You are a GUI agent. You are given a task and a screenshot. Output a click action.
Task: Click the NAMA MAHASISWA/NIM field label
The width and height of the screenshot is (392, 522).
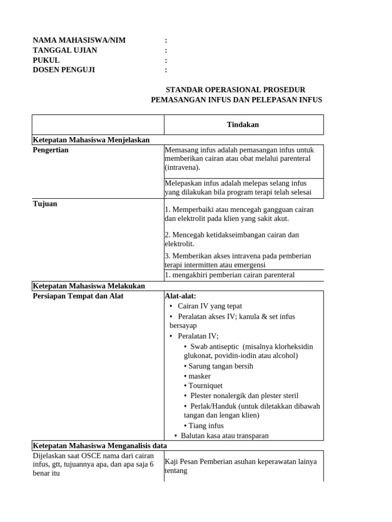point(79,40)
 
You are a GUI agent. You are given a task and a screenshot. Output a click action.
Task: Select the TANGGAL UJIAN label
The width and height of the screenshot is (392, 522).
point(65,50)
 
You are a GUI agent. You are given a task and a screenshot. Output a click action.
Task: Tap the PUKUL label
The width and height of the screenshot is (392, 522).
point(46,60)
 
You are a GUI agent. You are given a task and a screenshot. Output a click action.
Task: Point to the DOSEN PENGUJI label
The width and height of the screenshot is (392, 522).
point(64,70)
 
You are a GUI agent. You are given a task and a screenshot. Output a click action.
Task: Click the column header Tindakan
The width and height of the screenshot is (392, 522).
point(243,124)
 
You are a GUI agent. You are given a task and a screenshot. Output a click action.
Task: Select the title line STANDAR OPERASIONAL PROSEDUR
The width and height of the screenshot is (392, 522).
point(236,90)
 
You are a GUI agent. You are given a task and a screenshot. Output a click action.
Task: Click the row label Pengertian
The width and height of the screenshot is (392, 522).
point(51,150)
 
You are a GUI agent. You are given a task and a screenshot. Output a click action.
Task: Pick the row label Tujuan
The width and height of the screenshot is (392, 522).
point(45,204)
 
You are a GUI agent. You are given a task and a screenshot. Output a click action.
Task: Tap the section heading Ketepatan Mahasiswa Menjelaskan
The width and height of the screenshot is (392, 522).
point(91,140)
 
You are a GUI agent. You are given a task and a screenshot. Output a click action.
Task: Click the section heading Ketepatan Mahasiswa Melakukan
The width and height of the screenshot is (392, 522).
point(89,286)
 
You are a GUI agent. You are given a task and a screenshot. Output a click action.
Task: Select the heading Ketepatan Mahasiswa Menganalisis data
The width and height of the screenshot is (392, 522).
point(100,445)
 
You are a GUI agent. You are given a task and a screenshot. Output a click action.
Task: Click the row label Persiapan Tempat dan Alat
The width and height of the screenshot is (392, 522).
point(78,296)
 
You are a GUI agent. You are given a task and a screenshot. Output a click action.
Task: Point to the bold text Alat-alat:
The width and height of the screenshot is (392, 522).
point(180,296)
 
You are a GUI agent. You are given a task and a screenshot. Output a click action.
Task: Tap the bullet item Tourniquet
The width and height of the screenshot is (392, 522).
point(205,386)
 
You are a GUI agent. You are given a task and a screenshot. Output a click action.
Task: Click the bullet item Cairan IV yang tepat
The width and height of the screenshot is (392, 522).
point(209,306)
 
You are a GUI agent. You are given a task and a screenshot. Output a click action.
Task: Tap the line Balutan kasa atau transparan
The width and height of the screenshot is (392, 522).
point(225,435)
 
